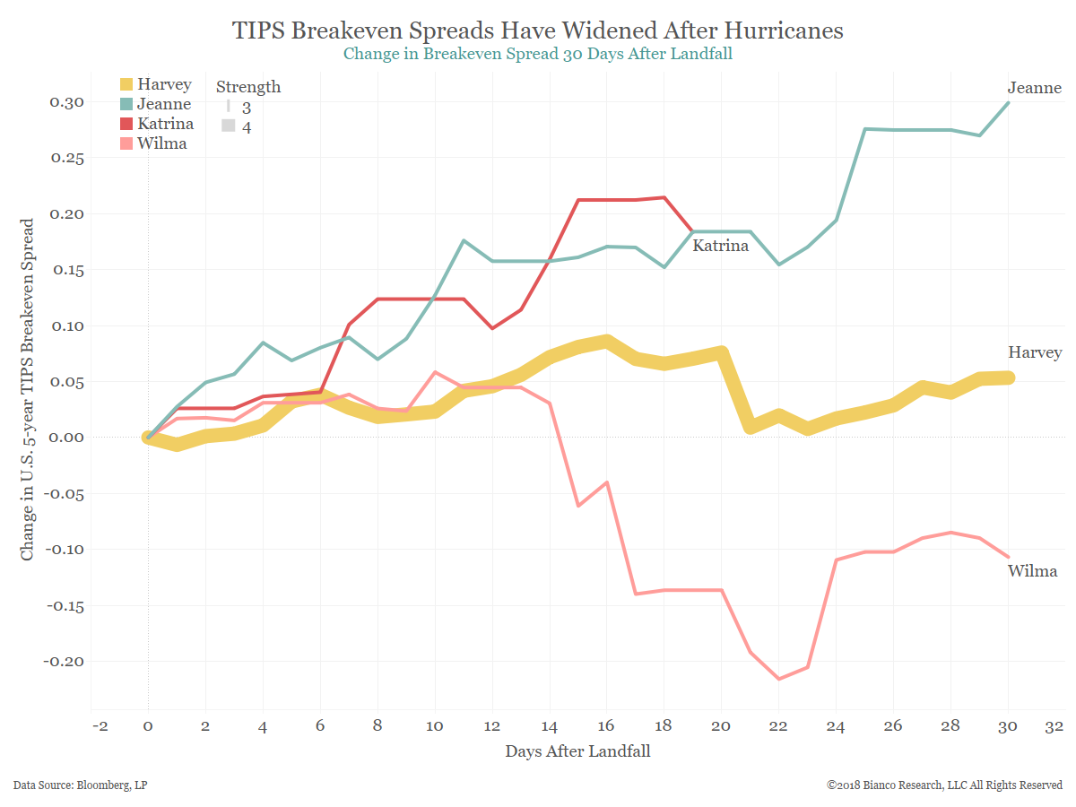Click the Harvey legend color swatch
pyautogui.click(x=126, y=85)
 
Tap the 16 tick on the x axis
pyautogui.click(x=607, y=725)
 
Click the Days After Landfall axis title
pyautogui.click(x=577, y=751)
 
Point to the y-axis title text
pyautogui.click(x=28, y=389)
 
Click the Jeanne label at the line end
pyautogui.click(x=1034, y=88)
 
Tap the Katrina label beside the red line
pyautogui.click(x=720, y=246)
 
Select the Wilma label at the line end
pyautogui.click(x=1032, y=571)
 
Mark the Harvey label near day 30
pyautogui.click(x=1035, y=352)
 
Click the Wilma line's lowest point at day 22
pyautogui.click(x=779, y=679)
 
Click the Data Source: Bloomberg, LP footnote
pyautogui.click(x=81, y=785)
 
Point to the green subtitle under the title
pyautogui.click(x=538, y=54)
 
